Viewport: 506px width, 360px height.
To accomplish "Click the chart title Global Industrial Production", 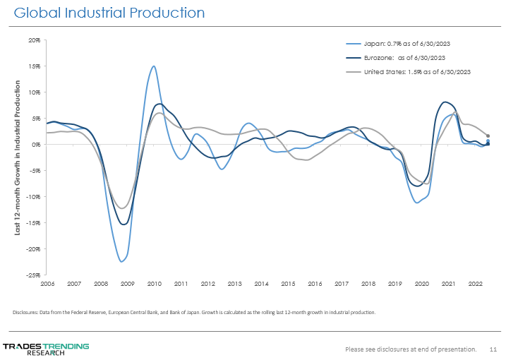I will pyautogui.click(x=109, y=13).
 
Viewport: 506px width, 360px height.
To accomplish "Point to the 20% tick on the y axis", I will pyautogui.click(x=35, y=40).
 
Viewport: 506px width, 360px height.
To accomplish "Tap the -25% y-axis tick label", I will pyautogui.click(x=33, y=275).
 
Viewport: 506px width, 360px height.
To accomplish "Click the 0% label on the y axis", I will pyautogui.click(x=36, y=144).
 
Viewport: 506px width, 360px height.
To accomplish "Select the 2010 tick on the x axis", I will pyautogui.click(x=155, y=283).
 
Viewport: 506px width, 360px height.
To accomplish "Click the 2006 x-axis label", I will pyautogui.click(x=47, y=283).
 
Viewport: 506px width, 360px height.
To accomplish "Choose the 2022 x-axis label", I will pyautogui.click(x=475, y=283).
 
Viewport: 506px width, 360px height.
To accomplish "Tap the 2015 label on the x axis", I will pyautogui.click(x=288, y=283).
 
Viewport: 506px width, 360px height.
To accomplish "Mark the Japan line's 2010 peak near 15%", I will pyautogui.click(x=154, y=66).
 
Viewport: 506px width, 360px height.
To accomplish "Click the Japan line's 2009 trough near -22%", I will pyautogui.click(x=121, y=262).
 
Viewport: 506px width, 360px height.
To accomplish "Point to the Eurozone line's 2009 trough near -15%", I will pyautogui.click(x=124, y=224).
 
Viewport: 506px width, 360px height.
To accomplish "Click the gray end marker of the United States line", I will pyautogui.click(x=488, y=136).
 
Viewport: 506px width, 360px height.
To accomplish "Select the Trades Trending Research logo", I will pyautogui.click(x=46, y=348).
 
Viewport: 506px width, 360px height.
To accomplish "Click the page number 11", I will pyautogui.click(x=493, y=349).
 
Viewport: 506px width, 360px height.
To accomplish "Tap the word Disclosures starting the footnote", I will pyautogui.click(x=25, y=312).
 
